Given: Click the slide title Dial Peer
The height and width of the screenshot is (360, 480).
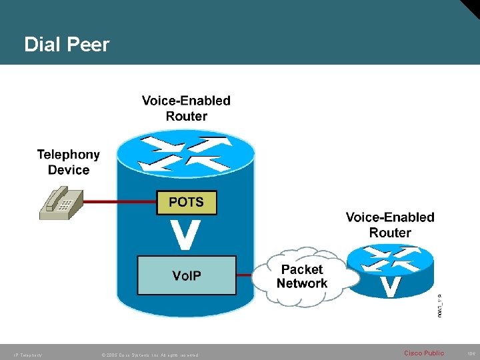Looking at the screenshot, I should tap(67, 45).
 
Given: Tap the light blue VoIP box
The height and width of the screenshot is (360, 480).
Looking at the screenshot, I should tap(187, 275).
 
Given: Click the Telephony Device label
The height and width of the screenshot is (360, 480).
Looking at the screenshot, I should tap(68, 162).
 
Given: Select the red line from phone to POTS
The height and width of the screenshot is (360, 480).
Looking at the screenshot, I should tap(120, 201).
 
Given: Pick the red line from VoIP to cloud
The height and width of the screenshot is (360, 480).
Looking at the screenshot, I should tap(245, 274).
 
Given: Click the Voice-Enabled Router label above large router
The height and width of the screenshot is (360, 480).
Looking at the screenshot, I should tap(186, 108).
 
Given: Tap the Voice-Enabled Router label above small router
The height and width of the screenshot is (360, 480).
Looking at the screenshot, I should tap(389, 225).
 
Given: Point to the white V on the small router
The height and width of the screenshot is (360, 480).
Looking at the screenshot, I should tap(390, 285).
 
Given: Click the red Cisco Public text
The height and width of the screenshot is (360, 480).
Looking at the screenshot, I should tap(423, 353).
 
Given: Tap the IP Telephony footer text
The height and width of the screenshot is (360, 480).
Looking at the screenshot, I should tap(27, 355).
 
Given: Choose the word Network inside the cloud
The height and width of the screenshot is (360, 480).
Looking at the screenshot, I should tap(302, 283).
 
